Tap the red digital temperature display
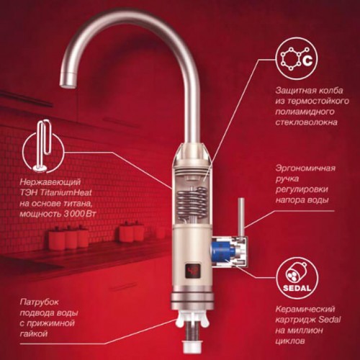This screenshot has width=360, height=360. tap(194, 271)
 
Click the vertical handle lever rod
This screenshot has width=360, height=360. tap(241, 217)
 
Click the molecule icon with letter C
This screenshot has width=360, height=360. tap(297, 60)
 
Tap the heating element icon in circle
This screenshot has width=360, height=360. tap(43, 150)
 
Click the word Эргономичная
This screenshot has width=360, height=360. tap(305, 168)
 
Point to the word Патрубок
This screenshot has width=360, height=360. tap(39, 302)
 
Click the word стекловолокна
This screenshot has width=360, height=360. tap(306, 122)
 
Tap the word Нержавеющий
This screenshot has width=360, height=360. tap(50, 182)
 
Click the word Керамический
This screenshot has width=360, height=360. tap(305, 309)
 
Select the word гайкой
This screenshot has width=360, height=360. tap(34, 333)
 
